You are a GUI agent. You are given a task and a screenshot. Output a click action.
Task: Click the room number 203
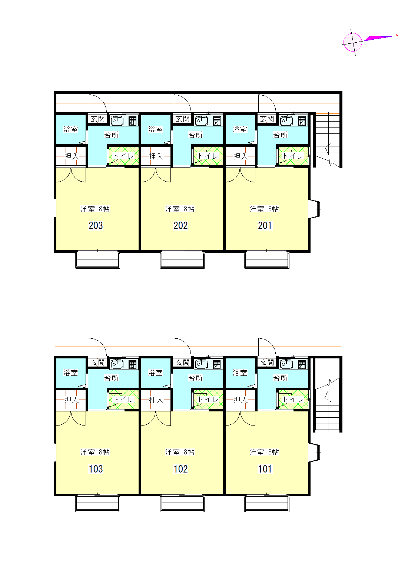pos(96,225)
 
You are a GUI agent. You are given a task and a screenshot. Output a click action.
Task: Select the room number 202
pos(180,225)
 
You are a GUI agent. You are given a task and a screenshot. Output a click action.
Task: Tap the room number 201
pos(265,225)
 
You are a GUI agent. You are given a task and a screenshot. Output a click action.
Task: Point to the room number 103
pos(96,469)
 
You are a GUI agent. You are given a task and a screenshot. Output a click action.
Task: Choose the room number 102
pos(180,469)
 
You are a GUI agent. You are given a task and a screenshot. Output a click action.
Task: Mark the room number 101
pos(265,469)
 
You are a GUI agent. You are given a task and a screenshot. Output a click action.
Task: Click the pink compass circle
pos(352,42)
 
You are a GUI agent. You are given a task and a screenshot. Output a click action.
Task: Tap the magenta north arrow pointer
pos(378,39)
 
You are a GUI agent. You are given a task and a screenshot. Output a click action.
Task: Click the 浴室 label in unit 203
pos(71,129)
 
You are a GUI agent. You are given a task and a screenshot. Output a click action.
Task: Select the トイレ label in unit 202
pos(208,156)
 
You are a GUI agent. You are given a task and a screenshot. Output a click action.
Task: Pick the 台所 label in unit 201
pos(280,135)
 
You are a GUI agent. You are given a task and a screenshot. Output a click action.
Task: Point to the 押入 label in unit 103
pos(72,400)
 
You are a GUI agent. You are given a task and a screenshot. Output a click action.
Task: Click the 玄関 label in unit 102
pos(182,362)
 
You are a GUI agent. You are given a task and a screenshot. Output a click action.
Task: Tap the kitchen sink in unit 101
pos(286,364)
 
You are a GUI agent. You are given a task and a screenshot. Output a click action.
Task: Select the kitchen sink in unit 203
pos(117,121)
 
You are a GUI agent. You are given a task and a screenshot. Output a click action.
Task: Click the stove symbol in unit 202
pos(217,121)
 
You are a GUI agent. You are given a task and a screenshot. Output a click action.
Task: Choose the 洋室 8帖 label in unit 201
pos(264,209)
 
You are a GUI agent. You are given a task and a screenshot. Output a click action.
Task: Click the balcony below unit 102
pos(182,503)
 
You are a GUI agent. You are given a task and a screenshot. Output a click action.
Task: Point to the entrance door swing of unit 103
pos(98,347)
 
